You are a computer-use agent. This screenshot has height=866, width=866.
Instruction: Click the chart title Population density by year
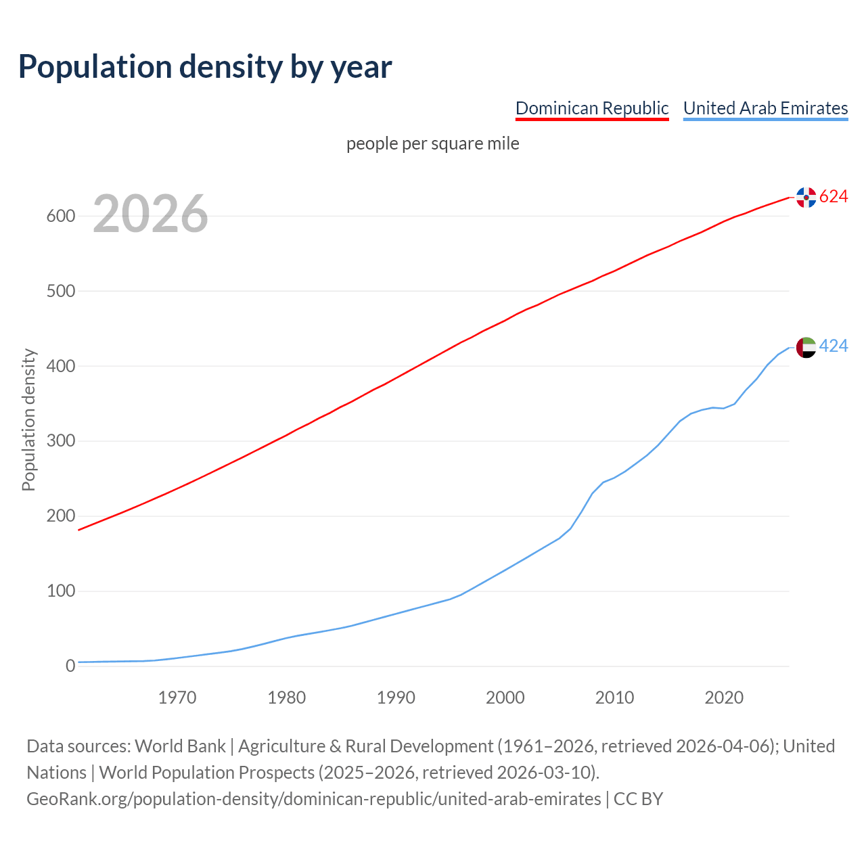click(205, 66)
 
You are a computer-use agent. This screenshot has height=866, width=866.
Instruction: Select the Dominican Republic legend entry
click(592, 108)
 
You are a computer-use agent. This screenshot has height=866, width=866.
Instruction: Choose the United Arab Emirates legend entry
click(765, 108)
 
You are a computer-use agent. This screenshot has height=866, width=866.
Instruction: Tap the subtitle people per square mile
click(432, 143)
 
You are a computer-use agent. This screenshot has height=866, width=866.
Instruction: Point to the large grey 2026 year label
click(150, 214)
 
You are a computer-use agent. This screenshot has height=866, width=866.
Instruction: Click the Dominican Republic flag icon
click(806, 197)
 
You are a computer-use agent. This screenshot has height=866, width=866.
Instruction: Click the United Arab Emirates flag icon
click(806, 347)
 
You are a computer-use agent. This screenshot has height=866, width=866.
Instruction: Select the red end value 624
click(834, 196)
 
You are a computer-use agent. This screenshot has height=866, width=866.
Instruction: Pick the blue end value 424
click(834, 346)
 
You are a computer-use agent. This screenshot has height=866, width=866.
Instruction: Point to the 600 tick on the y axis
click(60, 216)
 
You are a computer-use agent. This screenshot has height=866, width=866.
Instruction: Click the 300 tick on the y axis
click(60, 441)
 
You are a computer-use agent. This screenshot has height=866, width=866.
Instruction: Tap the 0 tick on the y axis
click(70, 666)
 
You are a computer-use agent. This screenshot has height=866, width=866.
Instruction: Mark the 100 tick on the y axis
click(60, 591)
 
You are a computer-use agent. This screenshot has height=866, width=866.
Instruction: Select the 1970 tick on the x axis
click(177, 698)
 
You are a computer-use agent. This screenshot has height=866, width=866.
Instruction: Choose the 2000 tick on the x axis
click(505, 698)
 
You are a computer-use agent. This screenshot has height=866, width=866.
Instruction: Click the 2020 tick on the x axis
click(724, 698)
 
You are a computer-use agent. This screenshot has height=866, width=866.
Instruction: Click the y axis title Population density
click(28, 419)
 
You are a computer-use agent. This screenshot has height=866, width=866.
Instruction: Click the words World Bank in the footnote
click(180, 746)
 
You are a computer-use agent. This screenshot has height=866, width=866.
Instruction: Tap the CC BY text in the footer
click(638, 799)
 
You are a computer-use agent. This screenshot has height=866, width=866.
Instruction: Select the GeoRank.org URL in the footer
click(313, 799)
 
